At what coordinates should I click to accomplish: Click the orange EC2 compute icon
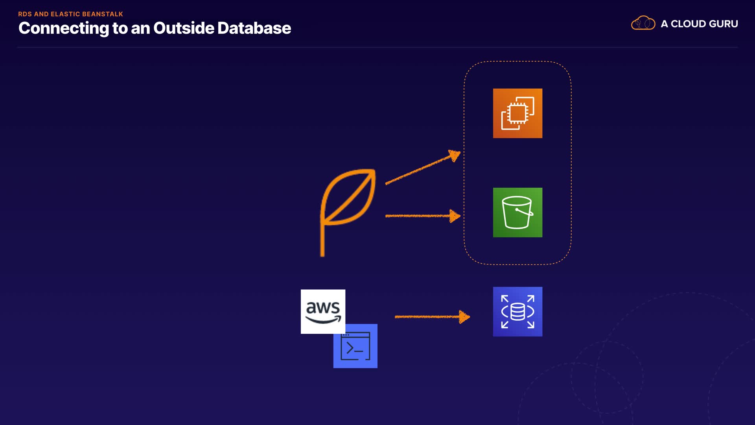tap(517, 113)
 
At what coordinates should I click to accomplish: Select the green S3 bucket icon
tap(517, 213)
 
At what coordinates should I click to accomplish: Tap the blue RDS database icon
tap(517, 312)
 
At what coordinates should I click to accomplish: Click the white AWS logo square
tap(323, 311)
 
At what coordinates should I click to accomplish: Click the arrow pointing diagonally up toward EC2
tap(423, 168)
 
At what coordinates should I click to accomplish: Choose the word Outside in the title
tap(184, 28)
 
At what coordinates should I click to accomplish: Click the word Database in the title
tap(254, 28)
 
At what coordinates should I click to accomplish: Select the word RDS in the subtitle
tap(25, 14)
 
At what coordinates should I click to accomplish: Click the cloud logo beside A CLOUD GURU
tap(643, 23)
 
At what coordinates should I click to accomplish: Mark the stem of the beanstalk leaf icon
tap(322, 240)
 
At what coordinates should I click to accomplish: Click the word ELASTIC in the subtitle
tap(65, 14)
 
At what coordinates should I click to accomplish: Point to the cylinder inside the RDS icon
tap(517, 312)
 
